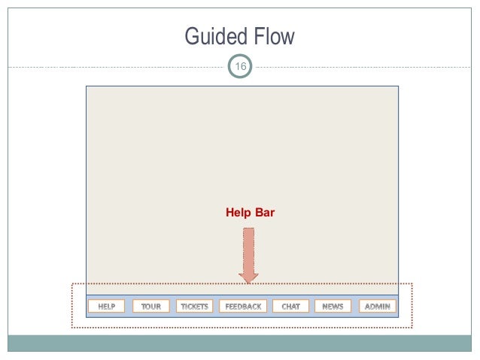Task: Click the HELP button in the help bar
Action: pyautogui.click(x=106, y=307)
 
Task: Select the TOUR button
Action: pyautogui.click(x=151, y=307)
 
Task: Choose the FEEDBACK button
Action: pyautogui.click(x=243, y=307)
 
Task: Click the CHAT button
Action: pyautogui.click(x=290, y=307)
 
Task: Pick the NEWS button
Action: pyautogui.click(x=333, y=307)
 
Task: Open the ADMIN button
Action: pyautogui.click(x=378, y=307)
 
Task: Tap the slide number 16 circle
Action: pyautogui.click(x=241, y=68)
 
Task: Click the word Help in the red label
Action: pyautogui.click(x=238, y=213)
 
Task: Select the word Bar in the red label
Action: pyautogui.click(x=265, y=213)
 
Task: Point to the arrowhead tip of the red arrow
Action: pyautogui.click(x=248, y=282)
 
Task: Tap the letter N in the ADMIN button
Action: pyautogui.click(x=387, y=307)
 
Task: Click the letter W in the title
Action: pyautogui.click(x=289, y=38)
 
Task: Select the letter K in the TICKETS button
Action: pyautogui.click(x=195, y=307)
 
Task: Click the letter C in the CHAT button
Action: pyautogui.click(x=284, y=307)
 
